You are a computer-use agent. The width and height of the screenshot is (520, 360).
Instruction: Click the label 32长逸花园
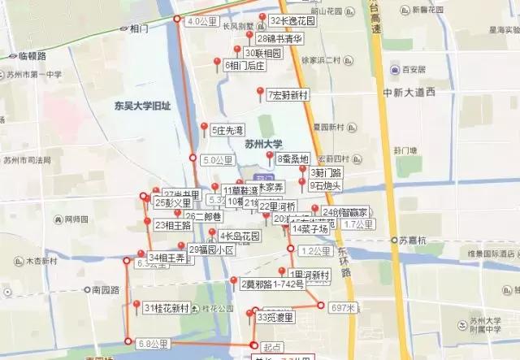tap(292, 21)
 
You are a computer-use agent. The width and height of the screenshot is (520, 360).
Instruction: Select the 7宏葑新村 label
tap(288, 95)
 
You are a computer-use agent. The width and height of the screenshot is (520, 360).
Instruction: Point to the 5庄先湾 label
tap(227, 130)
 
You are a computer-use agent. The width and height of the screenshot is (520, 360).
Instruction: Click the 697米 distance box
tap(343, 308)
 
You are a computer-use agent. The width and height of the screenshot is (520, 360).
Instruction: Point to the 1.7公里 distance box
tap(357, 223)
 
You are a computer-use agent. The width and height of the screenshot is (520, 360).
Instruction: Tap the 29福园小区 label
tap(211, 250)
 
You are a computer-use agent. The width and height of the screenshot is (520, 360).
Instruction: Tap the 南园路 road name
tap(106, 289)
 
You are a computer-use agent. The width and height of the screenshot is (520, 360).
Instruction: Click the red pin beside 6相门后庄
tap(216, 62)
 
